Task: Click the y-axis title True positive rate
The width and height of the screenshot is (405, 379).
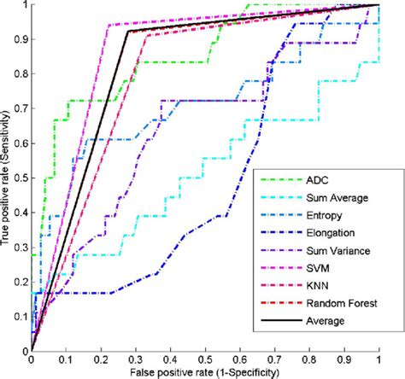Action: (7, 176)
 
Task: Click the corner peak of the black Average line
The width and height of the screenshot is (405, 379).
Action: (128, 32)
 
